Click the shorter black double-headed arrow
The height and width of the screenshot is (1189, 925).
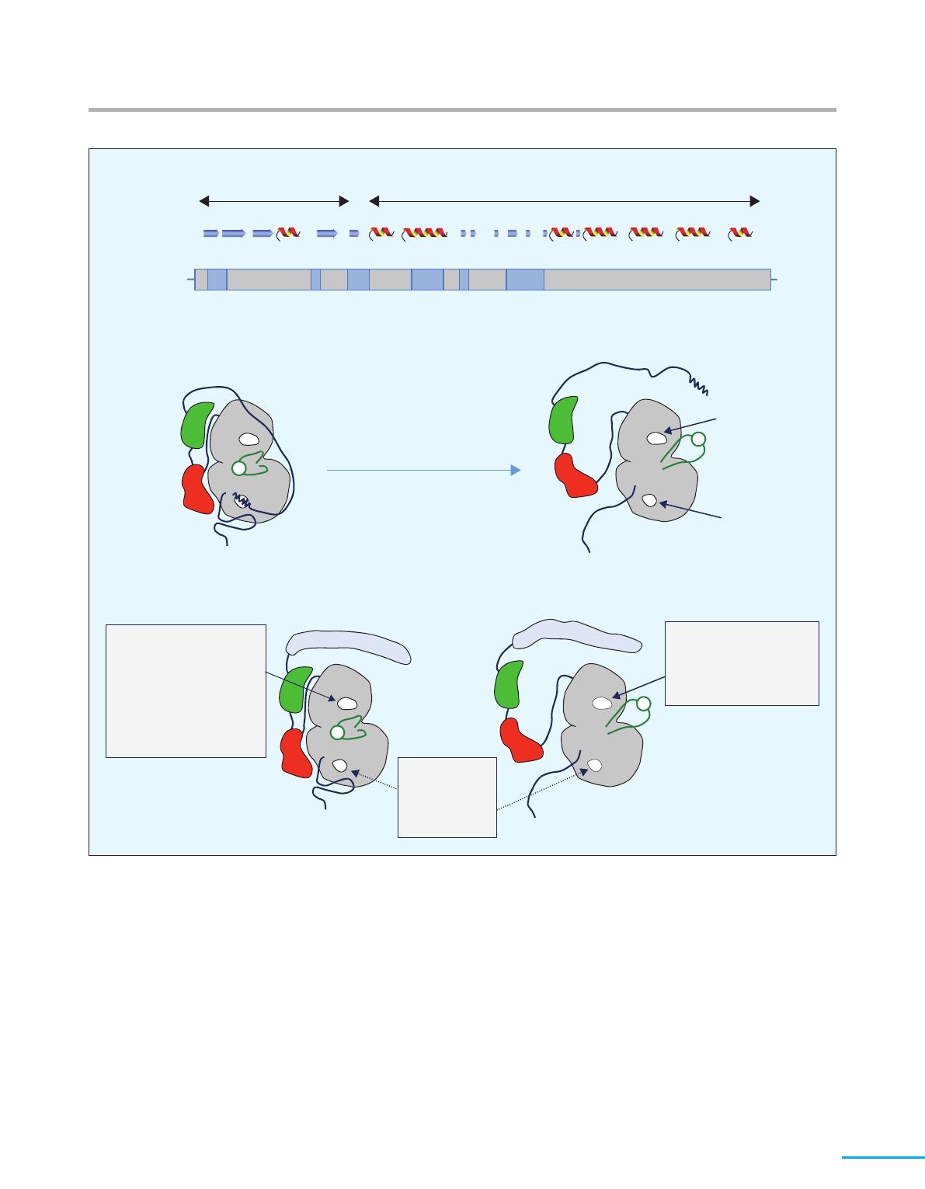pos(274,201)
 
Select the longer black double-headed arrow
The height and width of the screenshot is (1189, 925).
pos(564,201)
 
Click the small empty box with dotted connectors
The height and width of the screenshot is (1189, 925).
pos(447,797)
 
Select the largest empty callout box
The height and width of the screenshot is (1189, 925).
pos(186,690)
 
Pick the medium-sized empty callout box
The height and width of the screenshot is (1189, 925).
pos(742,663)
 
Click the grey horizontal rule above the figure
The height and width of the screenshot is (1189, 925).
pos(462,110)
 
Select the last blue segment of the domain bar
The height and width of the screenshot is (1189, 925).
pos(525,279)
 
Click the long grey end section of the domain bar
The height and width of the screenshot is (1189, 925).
pos(657,279)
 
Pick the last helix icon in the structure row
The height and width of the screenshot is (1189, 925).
pos(741,232)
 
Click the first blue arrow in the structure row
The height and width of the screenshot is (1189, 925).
pos(210,232)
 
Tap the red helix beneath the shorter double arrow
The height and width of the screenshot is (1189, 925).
pos(287,232)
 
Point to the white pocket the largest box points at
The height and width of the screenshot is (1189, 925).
pos(346,704)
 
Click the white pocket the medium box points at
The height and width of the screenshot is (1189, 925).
pos(601,704)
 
